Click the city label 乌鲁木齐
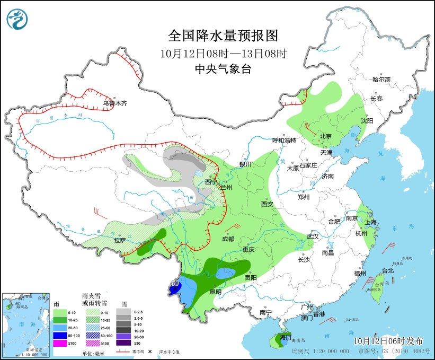115,103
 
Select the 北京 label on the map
325,136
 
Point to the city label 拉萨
120,240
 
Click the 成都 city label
228,239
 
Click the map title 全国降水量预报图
223,36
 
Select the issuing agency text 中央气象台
223,69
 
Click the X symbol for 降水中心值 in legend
150,351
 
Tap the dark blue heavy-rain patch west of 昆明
175,288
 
